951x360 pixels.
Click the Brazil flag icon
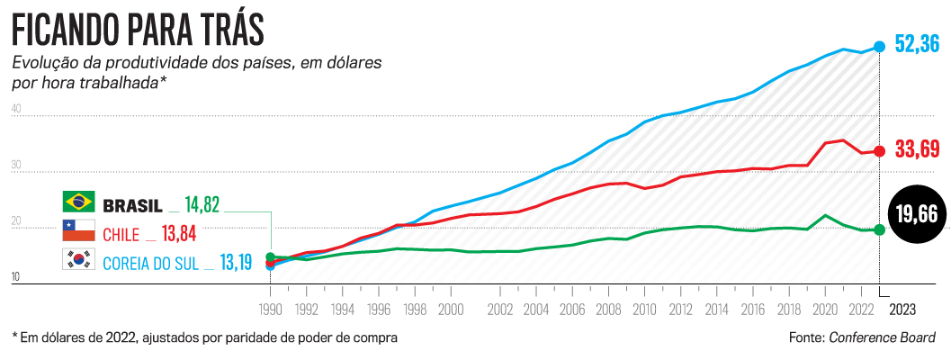click(x=78, y=202)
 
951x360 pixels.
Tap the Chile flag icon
click(x=78, y=231)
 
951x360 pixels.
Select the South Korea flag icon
click(x=78, y=260)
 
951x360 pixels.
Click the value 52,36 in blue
click(x=918, y=43)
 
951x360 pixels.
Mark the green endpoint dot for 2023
click(x=880, y=229)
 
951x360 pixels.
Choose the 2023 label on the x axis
click(x=902, y=309)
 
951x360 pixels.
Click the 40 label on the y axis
click(x=16, y=110)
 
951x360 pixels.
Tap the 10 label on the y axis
click(x=16, y=279)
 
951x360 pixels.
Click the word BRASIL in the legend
click(x=132, y=203)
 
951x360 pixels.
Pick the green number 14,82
click(x=202, y=203)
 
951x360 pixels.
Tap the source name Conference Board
click(x=882, y=337)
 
